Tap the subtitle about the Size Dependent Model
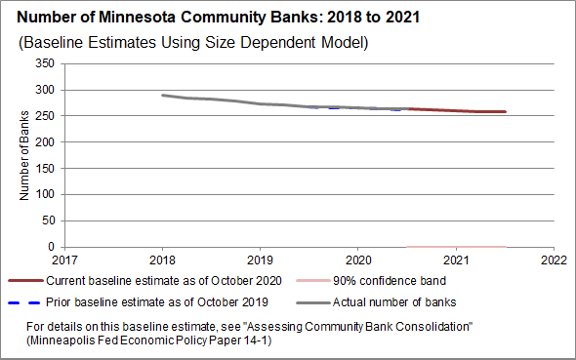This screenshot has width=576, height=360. coord(193,43)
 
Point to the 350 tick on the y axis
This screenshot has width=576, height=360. coord(45,63)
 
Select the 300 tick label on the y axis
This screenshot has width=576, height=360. coord(45,90)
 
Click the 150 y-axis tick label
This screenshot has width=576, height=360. coord(45,168)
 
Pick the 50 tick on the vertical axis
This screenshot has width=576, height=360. coord(48,220)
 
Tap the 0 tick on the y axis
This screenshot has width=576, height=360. coord(51,247)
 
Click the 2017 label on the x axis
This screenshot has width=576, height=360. coord(64,260)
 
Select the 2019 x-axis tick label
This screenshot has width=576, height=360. coord(260,260)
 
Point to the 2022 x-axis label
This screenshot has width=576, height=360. coord(554,260)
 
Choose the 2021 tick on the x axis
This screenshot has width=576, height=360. coord(456,260)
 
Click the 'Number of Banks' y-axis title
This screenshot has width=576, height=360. coord(23,155)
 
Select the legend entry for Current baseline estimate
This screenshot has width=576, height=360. coord(144,281)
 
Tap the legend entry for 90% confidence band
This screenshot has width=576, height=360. coord(371,281)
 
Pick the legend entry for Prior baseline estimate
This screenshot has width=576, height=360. coord(138,302)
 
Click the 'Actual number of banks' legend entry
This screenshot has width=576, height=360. coord(376,302)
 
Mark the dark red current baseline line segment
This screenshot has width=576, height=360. coord(457,110)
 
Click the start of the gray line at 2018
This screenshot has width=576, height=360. coord(163,96)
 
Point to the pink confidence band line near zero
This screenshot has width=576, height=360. coord(456,247)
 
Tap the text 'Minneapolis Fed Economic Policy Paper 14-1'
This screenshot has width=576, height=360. coord(149,340)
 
